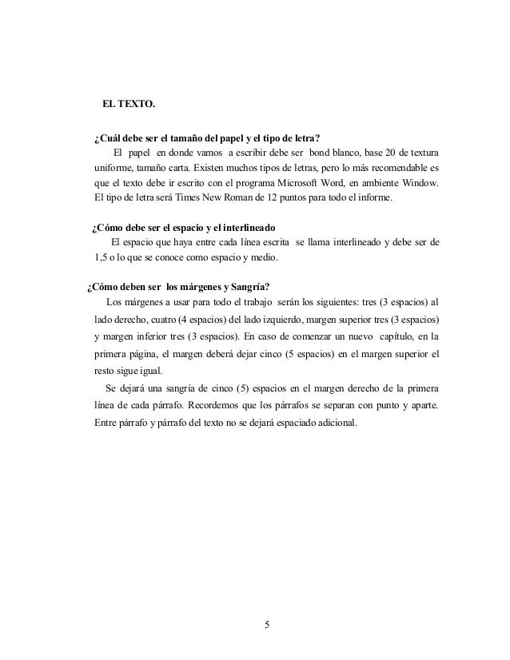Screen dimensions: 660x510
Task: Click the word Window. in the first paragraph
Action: (x=417, y=182)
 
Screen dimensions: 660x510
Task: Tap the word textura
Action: (x=420, y=153)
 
